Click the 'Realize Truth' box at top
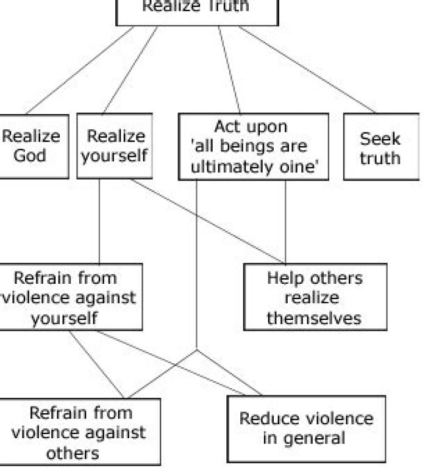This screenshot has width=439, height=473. click(197, 13)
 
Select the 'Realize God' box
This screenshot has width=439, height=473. click(34, 146)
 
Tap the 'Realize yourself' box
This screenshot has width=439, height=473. click(115, 146)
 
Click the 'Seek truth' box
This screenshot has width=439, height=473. click(382, 146)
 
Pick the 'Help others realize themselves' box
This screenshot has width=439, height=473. click(315, 297)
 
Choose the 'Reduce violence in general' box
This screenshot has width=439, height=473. click(307, 429)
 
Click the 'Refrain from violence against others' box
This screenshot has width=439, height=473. click(80, 432)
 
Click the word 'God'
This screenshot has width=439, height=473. click(30, 156)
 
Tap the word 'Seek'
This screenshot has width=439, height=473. click(380, 139)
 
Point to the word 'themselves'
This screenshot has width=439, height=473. click(314, 319)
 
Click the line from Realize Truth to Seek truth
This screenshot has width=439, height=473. click(307, 70)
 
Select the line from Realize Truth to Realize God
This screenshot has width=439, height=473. click(79, 70)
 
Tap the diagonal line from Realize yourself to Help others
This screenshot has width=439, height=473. click(208, 222)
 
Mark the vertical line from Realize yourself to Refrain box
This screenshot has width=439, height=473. click(99, 222)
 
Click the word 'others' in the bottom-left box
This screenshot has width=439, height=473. click(73, 453)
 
